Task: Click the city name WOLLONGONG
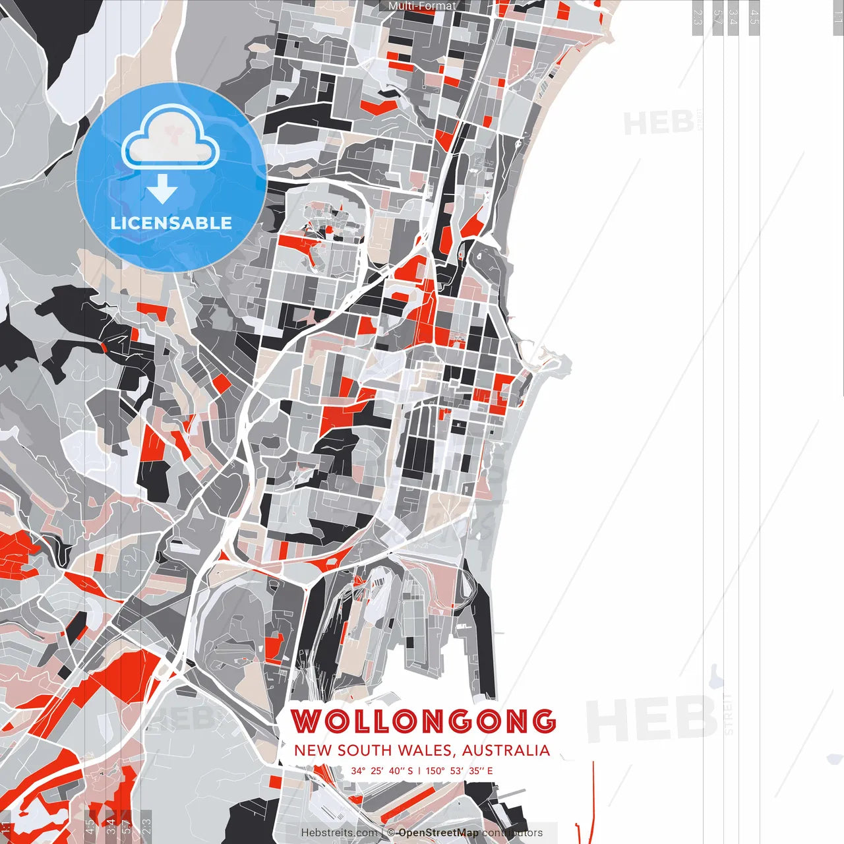(x=423, y=721)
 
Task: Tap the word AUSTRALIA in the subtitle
(x=506, y=750)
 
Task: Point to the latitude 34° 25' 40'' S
(x=382, y=770)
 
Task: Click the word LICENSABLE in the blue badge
(x=171, y=223)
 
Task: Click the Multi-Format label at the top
(x=422, y=6)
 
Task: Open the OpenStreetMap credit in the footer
(x=438, y=833)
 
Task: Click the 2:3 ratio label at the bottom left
(x=146, y=826)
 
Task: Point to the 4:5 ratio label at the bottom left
(x=90, y=826)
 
